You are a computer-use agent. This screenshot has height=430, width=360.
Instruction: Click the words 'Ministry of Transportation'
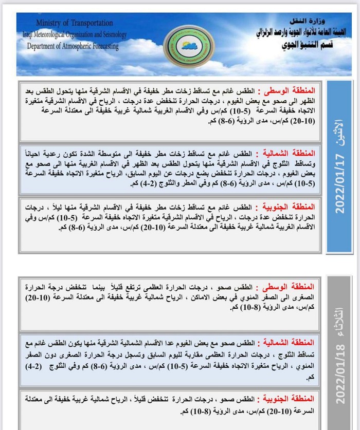point(75,23)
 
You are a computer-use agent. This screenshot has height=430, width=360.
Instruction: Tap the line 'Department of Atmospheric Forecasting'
point(72,46)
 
